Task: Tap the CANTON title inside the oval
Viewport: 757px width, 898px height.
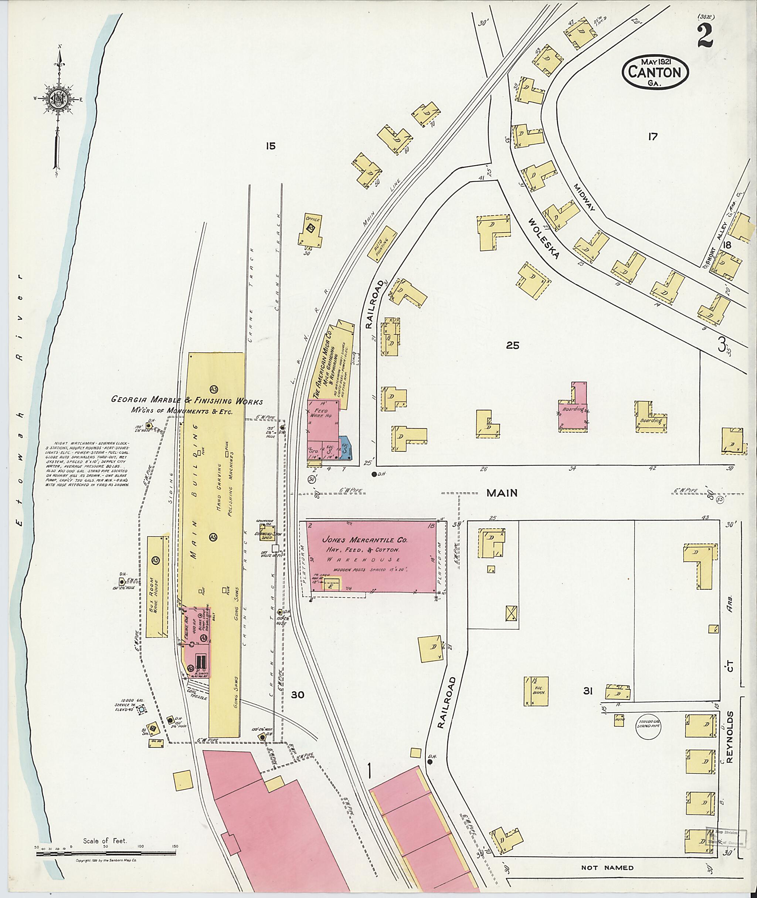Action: [655, 72]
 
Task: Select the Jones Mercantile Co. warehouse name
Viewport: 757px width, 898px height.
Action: [365, 540]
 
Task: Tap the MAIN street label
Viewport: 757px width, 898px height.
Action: [502, 493]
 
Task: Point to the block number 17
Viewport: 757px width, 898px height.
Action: [652, 137]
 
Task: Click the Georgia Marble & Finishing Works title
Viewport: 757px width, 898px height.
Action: [187, 400]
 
